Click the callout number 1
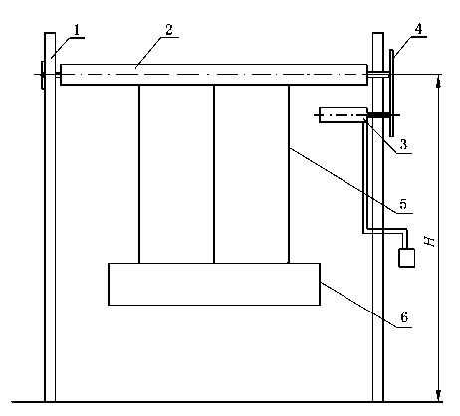(x=77, y=30)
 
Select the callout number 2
(x=169, y=29)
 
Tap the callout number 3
(x=403, y=144)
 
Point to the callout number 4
(x=418, y=29)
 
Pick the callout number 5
(x=403, y=204)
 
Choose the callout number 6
(x=404, y=317)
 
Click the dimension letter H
(x=430, y=241)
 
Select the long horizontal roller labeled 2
(x=214, y=75)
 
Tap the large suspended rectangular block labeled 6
(x=214, y=284)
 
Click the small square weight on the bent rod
(x=406, y=258)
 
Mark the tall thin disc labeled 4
(x=392, y=93)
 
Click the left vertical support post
(x=50, y=217)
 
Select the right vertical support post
(x=378, y=217)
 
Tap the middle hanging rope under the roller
(x=214, y=174)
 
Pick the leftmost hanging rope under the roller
(x=139, y=174)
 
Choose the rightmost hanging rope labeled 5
(x=289, y=174)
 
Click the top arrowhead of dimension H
(x=439, y=82)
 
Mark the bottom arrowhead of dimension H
(x=439, y=395)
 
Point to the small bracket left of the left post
(x=43, y=75)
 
